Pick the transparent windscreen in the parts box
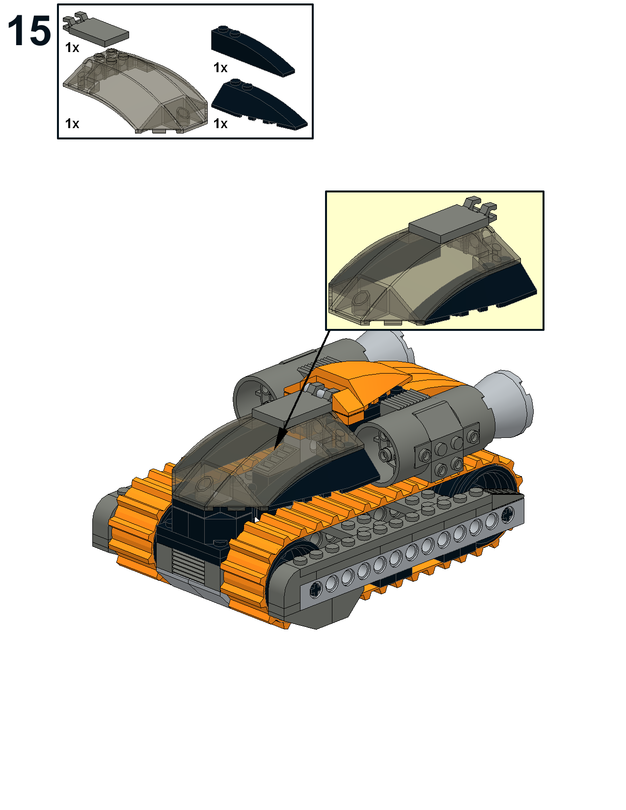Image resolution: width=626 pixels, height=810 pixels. (136, 91)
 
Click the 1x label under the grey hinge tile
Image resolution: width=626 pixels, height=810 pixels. (72, 48)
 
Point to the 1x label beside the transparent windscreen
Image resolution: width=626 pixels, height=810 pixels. (72, 123)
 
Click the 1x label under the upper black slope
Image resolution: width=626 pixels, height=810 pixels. (220, 67)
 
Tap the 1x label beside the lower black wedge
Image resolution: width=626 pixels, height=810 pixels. (220, 123)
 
